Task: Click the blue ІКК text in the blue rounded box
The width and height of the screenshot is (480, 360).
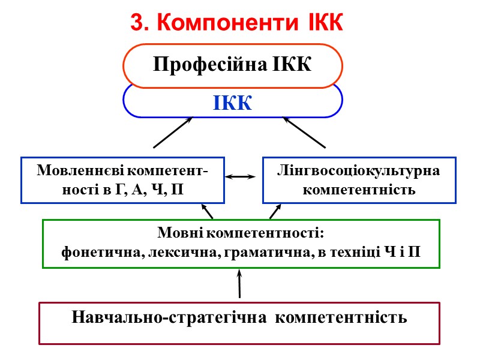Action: (x=232, y=103)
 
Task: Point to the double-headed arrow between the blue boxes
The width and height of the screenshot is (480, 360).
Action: (x=240, y=177)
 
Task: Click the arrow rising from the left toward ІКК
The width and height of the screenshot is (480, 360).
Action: (x=173, y=132)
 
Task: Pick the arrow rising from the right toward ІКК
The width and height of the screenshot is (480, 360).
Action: (x=304, y=132)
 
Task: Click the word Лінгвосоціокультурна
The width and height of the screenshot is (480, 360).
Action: (x=359, y=171)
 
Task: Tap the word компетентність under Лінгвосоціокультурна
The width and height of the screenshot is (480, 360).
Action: (x=359, y=190)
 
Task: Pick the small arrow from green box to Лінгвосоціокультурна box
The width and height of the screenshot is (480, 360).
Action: (x=275, y=211)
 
